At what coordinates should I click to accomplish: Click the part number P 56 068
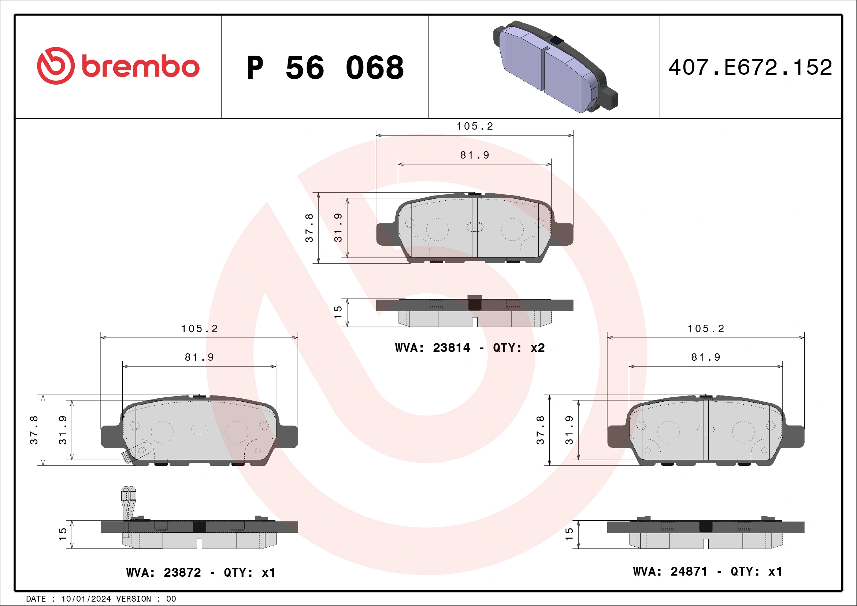[325, 67]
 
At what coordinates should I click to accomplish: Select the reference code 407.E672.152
[750, 67]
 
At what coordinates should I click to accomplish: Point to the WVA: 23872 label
[163, 572]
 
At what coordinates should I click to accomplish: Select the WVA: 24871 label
[670, 571]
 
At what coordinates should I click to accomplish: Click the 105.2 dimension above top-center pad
[474, 126]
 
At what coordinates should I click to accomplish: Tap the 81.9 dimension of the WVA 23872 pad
[199, 357]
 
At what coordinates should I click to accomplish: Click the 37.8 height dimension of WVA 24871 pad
[540, 430]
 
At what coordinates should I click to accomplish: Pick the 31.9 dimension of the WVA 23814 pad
[338, 228]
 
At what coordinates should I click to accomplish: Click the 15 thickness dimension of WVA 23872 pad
[63, 534]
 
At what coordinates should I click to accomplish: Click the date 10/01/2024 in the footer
[86, 599]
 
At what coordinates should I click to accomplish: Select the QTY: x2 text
[519, 348]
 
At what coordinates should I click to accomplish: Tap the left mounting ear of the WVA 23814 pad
[386, 234]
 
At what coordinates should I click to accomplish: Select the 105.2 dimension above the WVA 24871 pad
[706, 328]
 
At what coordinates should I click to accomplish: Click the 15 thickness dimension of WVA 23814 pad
[338, 312]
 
